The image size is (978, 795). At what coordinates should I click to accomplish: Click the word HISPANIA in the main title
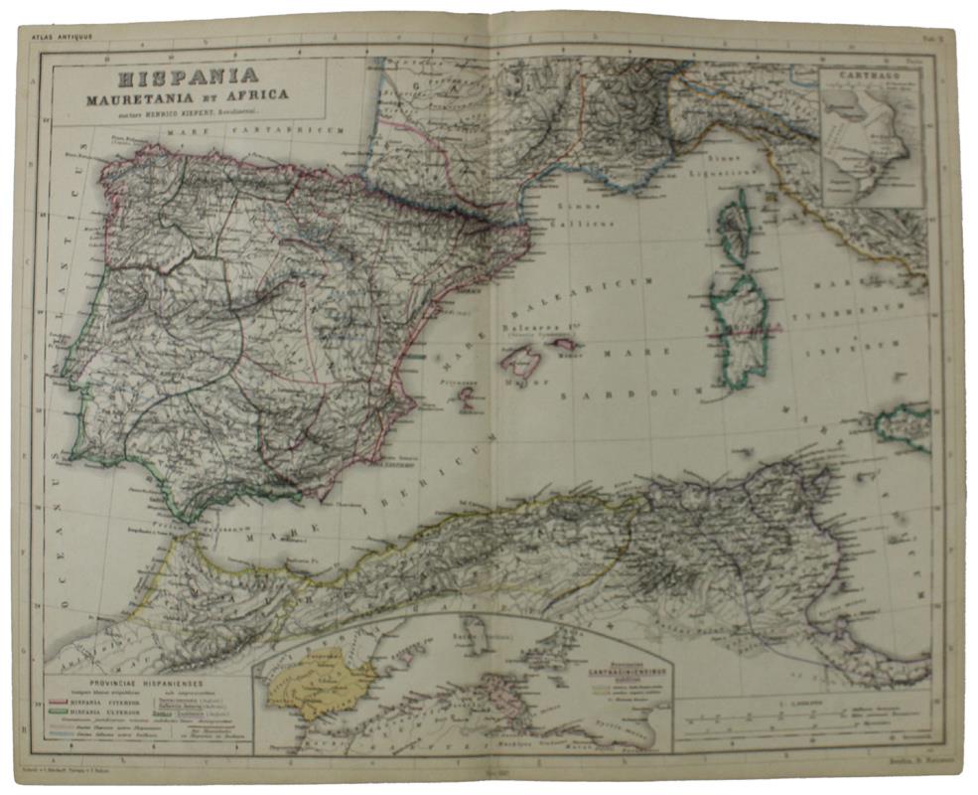tap(188, 76)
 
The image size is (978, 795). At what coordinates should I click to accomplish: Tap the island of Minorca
tap(568, 344)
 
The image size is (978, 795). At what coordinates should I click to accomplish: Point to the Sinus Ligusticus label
tap(733, 167)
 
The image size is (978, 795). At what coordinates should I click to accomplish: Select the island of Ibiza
tap(465, 396)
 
